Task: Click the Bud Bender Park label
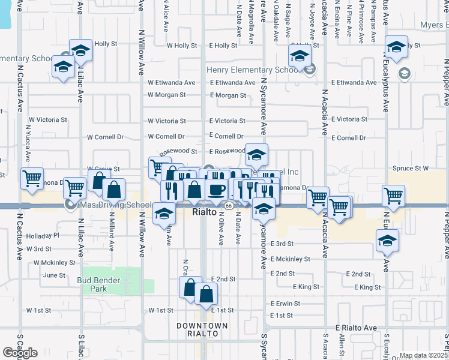pyautogui.click(x=99, y=284)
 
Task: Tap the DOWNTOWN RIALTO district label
pyautogui.click(x=202, y=329)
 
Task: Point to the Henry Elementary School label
pyautogui.click(x=253, y=70)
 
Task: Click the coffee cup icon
pyautogui.click(x=217, y=189)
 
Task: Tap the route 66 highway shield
pyautogui.click(x=229, y=206)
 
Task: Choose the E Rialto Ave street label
pyautogui.click(x=356, y=328)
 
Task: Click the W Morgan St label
pyautogui.click(x=167, y=95)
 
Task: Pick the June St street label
pyautogui.click(x=54, y=275)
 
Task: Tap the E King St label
pyautogui.click(x=306, y=287)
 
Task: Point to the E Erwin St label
pyautogui.click(x=285, y=304)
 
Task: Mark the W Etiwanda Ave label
pyautogui.click(x=172, y=83)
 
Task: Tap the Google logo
pyautogui.click(x=20, y=353)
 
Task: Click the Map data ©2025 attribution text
pyautogui.click(x=423, y=356)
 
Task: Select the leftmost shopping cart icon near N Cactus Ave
pyautogui.click(x=31, y=178)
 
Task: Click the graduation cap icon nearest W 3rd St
pyautogui.click(x=164, y=214)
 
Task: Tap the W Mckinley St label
pyautogui.click(x=55, y=263)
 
